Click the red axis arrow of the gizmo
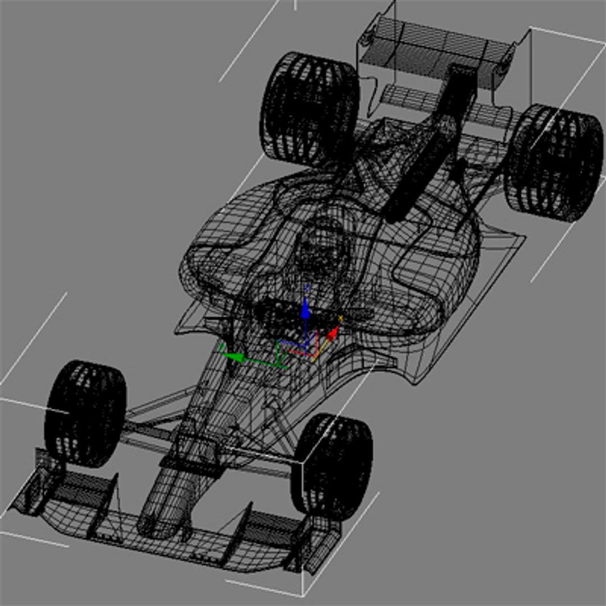pyautogui.click(x=333, y=334)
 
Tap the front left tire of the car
pyautogui.click(x=85, y=413)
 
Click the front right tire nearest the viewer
pyautogui.click(x=332, y=466)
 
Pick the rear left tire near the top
pyautogui.click(x=309, y=109)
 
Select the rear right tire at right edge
pyautogui.click(x=554, y=163)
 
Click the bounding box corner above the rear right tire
pyautogui.click(x=530, y=27)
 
